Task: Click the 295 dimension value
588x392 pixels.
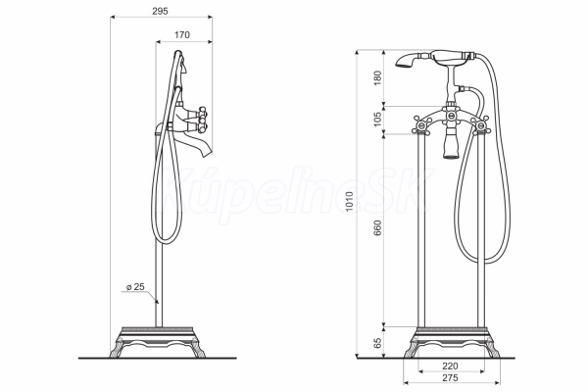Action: click(x=160, y=11)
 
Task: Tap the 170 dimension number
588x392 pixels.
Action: click(x=182, y=35)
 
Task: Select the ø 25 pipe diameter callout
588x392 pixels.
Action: click(x=135, y=287)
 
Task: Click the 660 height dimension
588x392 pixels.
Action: click(x=377, y=228)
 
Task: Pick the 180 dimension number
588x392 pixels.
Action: click(x=377, y=78)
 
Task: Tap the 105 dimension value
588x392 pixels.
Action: click(x=377, y=119)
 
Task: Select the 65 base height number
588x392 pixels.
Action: click(x=377, y=342)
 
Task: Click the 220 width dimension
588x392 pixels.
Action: click(x=450, y=366)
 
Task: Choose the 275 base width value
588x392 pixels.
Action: click(x=450, y=377)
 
